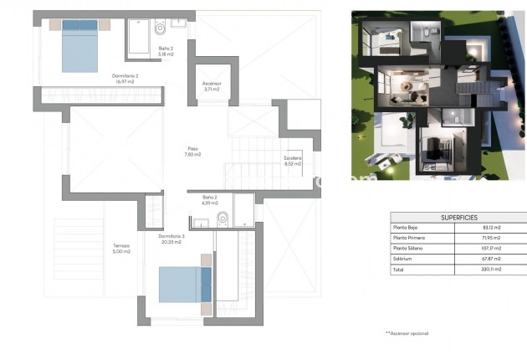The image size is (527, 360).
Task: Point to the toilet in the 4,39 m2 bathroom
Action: coord(222,220)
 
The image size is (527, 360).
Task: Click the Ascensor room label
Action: coord(212,88)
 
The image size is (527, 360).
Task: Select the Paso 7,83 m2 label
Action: coord(193,152)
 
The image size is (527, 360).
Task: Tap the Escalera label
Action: coord(293,161)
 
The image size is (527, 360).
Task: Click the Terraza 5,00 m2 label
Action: coord(122,249)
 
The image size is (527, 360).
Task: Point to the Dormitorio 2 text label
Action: coord(125,79)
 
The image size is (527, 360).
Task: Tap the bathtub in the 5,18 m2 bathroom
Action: coord(140,36)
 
